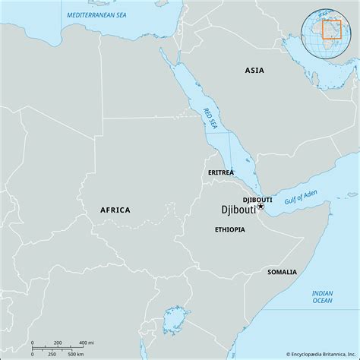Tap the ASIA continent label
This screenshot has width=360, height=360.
255,70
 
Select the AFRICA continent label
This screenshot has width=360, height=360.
115,210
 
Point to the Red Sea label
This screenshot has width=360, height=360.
210,117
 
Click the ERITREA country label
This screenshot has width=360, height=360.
221,173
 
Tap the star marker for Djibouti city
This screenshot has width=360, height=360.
260,206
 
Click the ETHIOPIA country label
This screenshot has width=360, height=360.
229,229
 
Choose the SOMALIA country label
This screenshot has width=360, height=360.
282,271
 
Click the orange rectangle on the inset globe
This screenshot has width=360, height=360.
331,28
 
